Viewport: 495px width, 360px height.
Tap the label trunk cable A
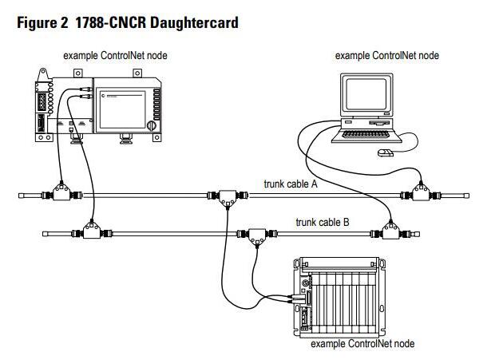tap(291, 184)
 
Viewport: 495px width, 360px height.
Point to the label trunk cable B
tap(323, 222)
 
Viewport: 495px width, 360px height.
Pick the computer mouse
tap(386, 152)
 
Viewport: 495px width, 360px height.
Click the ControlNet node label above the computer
tap(386, 56)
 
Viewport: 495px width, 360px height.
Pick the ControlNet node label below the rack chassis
tap(362, 344)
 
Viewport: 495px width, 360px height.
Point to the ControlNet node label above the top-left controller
tap(116, 55)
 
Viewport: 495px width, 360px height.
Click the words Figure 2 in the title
tap(42, 22)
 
